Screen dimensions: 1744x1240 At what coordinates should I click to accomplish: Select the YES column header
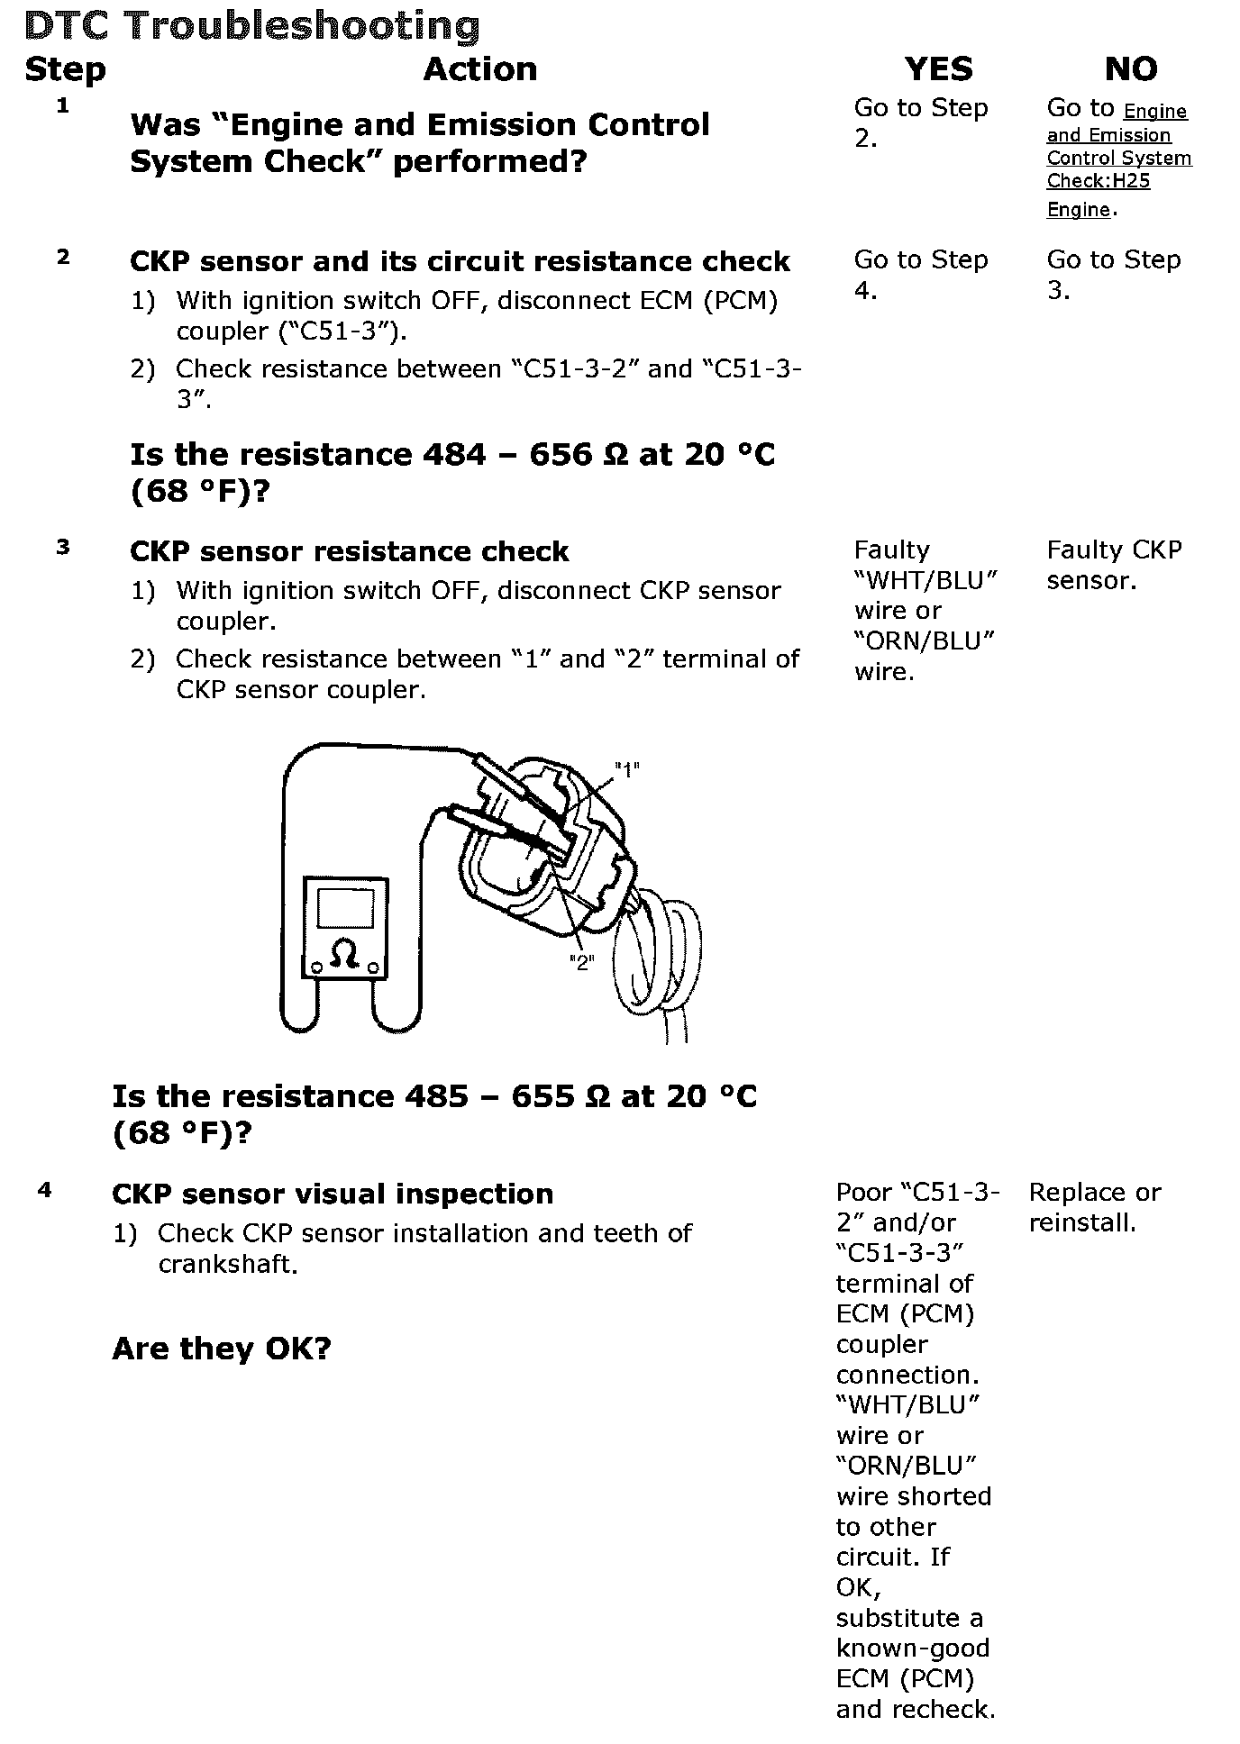coord(938,69)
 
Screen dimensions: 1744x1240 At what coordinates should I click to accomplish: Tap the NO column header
coord(1130,69)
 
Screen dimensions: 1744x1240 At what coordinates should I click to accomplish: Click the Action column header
coord(479,69)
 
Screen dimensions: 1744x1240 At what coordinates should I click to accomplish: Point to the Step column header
coord(65,69)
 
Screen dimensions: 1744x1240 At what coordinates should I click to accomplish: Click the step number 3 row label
coord(62,547)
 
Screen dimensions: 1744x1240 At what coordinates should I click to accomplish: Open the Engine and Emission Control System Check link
coord(1118,159)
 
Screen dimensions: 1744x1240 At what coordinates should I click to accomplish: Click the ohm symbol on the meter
coord(345,952)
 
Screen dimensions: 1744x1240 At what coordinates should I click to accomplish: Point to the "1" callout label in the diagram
coord(626,769)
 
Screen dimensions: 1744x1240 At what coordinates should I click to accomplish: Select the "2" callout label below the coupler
coord(581,963)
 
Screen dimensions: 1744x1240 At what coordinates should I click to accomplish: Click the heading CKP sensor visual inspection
coord(333,1194)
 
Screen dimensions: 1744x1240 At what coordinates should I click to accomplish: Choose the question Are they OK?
coord(222,1348)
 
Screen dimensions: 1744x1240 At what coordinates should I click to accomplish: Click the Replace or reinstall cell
coord(1094,1207)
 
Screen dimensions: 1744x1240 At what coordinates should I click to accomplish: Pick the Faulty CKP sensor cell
coord(1113,565)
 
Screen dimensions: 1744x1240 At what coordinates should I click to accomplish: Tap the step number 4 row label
coord(44,1190)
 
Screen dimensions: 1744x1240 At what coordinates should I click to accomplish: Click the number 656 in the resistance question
coord(559,454)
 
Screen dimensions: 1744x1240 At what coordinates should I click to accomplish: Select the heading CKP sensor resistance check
coord(349,551)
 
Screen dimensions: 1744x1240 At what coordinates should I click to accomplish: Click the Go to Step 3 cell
coord(1113,275)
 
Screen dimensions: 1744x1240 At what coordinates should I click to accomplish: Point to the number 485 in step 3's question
coord(437,1096)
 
